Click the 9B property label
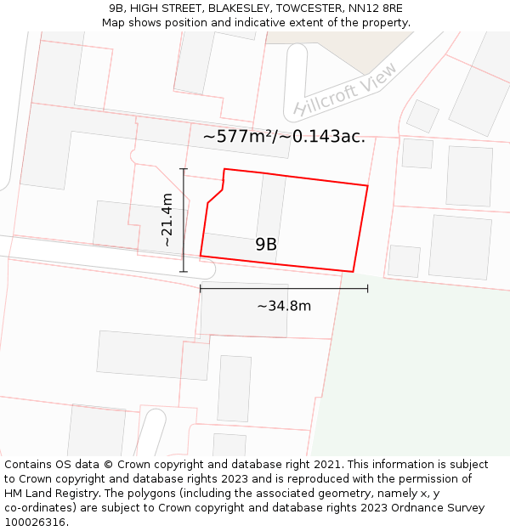tap(266, 245)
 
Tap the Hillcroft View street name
tap(344, 89)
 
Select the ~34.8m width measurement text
tap(284, 306)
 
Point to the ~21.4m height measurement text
tap(167, 220)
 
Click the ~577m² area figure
tap(241, 136)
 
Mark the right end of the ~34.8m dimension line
tap(367, 289)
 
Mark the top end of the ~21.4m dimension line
tap(184, 169)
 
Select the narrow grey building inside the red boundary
tap(271, 217)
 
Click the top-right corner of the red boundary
tap(367, 185)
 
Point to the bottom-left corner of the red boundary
tap(201, 255)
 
